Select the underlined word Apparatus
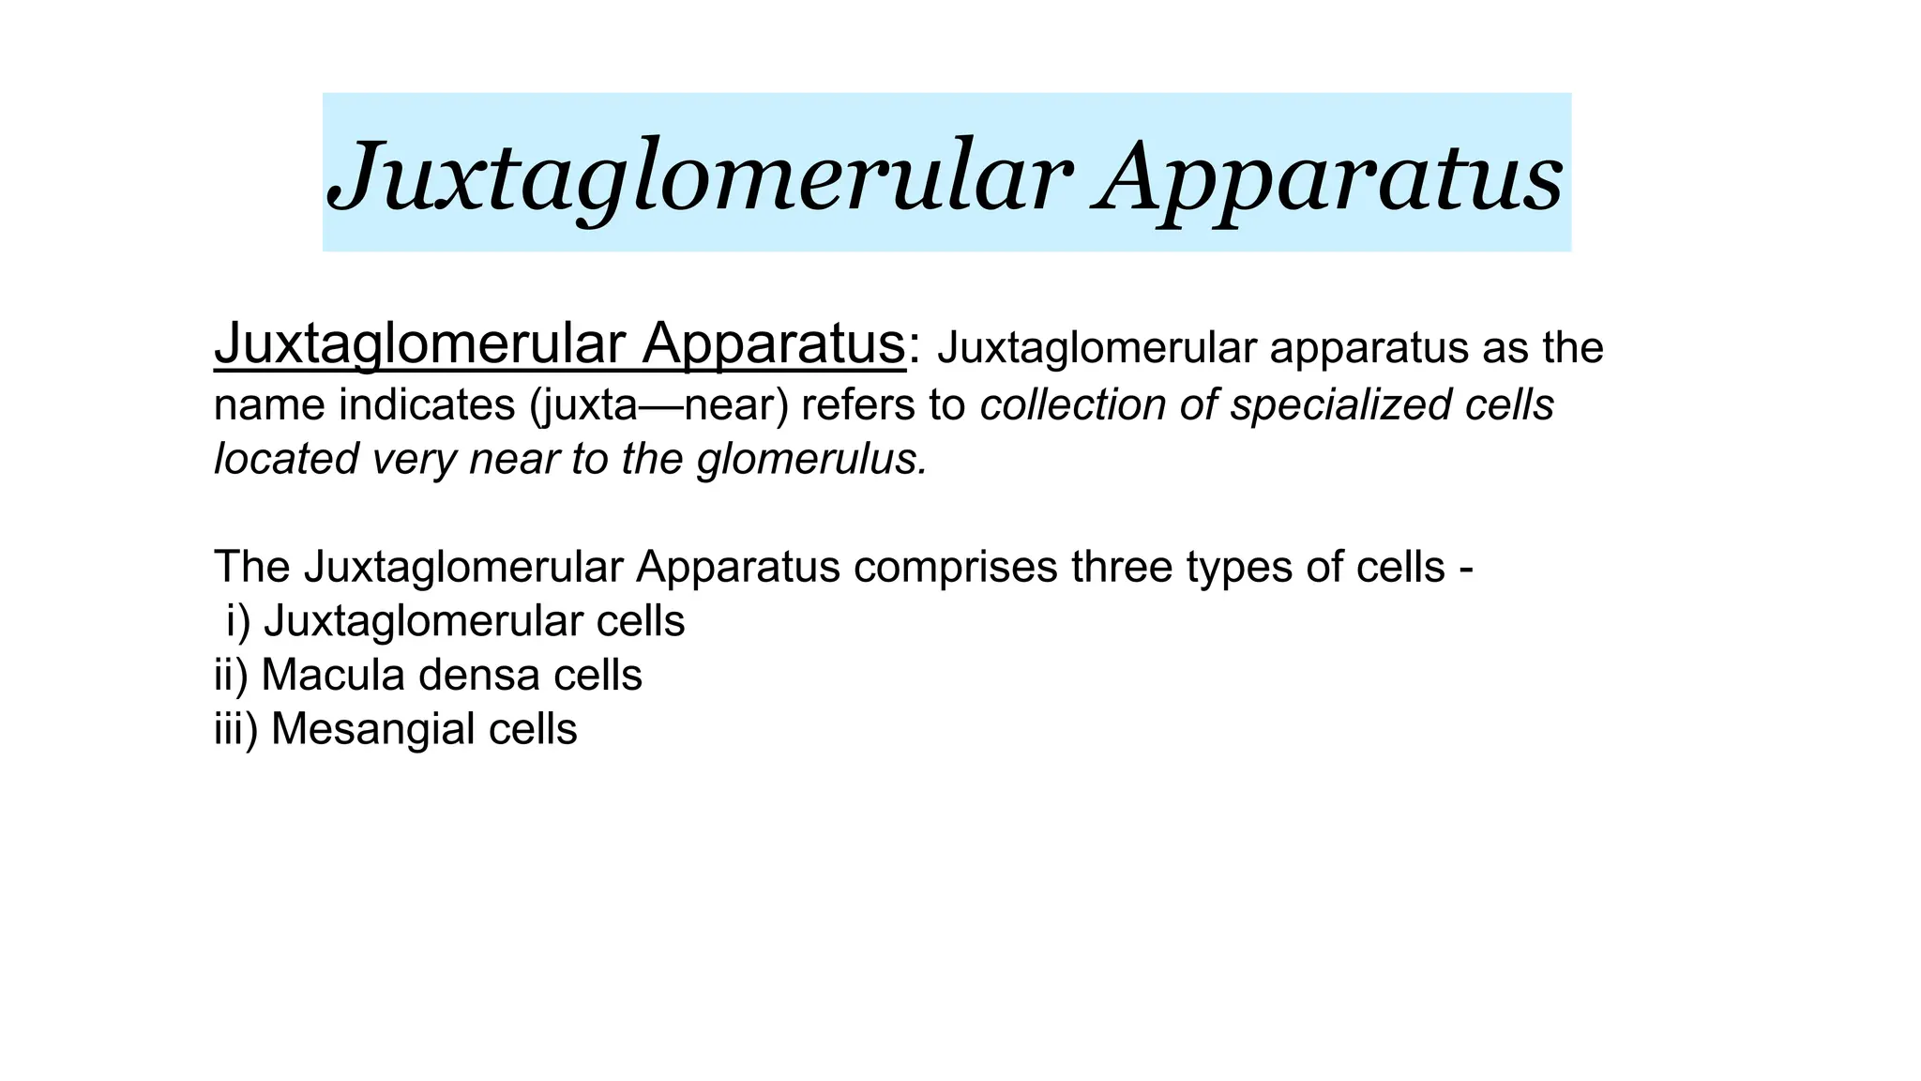(x=773, y=344)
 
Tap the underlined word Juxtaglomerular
(x=417, y=344)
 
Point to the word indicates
(x=428, y=405)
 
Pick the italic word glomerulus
(x=812, y=460)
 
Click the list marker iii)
(x=235, y=729)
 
